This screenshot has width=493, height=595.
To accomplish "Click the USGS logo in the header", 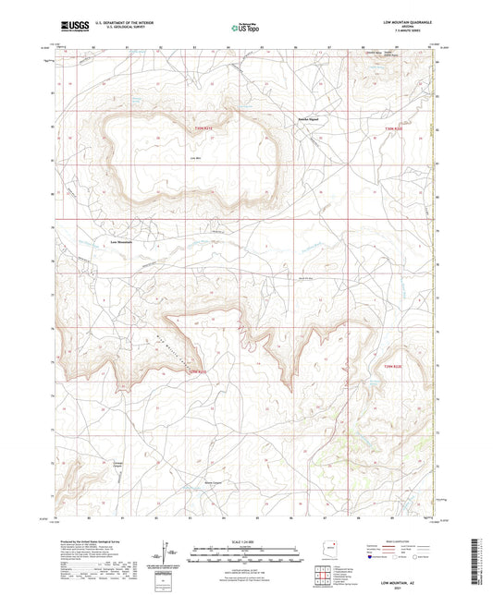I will [x=72, y=25].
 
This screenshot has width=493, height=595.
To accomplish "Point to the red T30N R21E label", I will [x=203, y=129].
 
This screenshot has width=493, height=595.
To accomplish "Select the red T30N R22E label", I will [x=395, y=128].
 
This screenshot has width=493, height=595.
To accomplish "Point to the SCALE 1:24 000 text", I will [x=245, y=540].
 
